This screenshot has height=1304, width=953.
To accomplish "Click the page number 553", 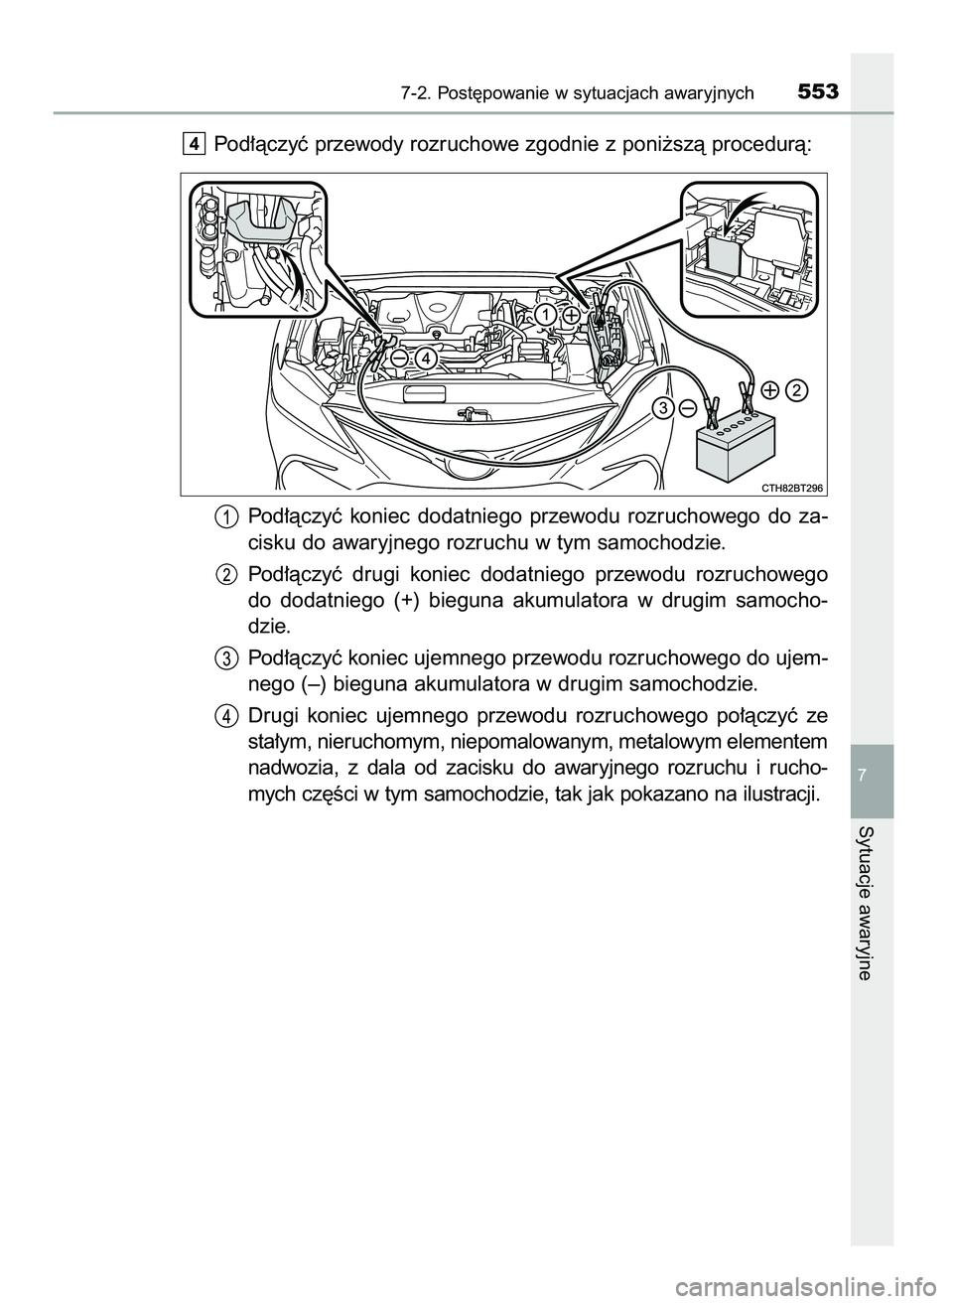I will (817, 92).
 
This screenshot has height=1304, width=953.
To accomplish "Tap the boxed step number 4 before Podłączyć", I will (193, 145).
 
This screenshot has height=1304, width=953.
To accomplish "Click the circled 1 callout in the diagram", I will (544, 315).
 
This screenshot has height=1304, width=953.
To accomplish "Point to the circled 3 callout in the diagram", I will (662, 408).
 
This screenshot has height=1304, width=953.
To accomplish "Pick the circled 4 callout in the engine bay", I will (425, 358).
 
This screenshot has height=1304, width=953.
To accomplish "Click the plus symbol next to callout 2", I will (770, 390).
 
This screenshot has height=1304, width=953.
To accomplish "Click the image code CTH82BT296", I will (794, 486).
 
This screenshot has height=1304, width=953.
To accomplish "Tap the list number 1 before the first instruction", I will (226, 516).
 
